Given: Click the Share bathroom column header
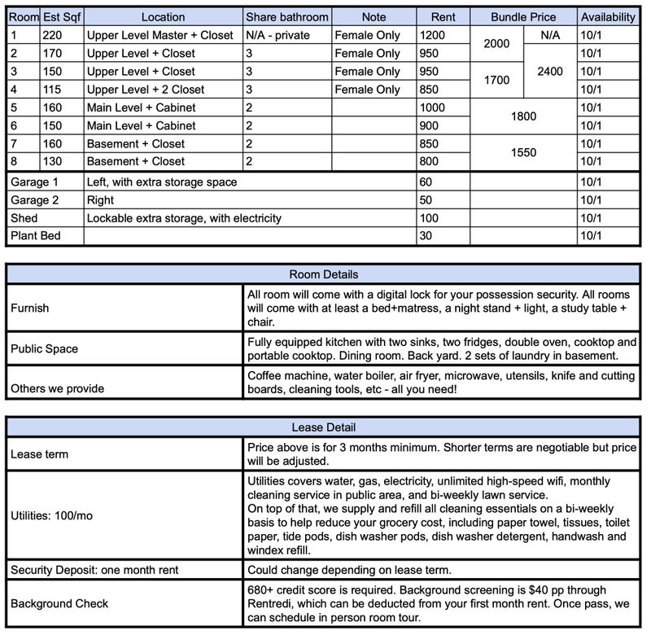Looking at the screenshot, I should tap(287, 17).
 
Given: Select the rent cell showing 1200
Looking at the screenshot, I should tap(433, 35).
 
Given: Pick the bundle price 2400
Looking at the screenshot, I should tap(550, 71).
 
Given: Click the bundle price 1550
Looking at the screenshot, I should tap(523, 152).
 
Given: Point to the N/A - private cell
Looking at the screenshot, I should tap(281, 35).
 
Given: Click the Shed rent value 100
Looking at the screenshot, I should tap(429, 218).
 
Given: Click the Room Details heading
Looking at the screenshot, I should tap(324, 274).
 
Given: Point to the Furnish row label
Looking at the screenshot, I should tap(30, 309).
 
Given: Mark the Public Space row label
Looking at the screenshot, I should tap(45, 348).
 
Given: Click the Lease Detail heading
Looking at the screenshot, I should tap(324, 427).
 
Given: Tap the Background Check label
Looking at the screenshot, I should tap(59, 604).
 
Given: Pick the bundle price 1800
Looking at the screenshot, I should tap(523, 116).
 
